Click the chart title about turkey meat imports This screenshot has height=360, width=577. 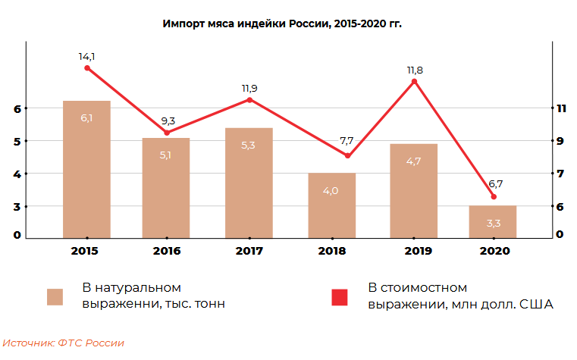282,23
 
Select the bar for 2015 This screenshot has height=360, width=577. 87,168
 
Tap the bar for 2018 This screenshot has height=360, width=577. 331,205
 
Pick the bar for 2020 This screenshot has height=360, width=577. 493,221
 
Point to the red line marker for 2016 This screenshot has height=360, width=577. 167,133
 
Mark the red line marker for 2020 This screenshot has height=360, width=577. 494,197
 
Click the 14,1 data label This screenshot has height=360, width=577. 87,55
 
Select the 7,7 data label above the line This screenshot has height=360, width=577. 347,141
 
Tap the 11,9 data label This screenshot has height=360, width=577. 249,88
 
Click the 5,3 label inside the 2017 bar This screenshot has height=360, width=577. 248,145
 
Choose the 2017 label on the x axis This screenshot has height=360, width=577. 249,250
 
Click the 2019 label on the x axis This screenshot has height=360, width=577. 413,250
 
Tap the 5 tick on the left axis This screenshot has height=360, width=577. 17,141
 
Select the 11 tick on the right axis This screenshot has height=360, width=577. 561,108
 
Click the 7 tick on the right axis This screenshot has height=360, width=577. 561,174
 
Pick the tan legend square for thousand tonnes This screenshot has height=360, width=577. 55,297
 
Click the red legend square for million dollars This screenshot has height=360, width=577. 340,297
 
